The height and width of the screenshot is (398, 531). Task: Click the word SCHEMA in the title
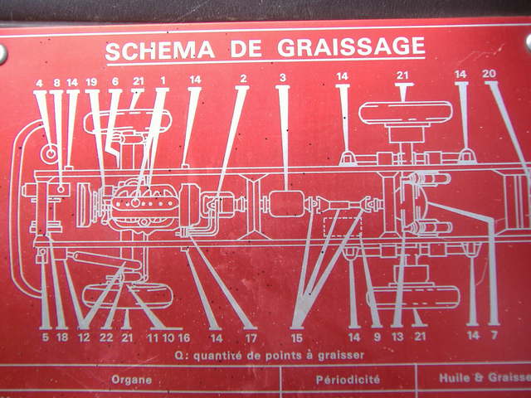(160, 51)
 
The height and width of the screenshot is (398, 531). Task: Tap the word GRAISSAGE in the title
(351, 46)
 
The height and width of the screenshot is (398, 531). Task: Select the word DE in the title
(246, 49)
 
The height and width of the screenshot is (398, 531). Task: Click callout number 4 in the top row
(40, 83)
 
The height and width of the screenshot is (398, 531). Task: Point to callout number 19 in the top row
(91, 82)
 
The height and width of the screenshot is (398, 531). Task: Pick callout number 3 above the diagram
(283, 78)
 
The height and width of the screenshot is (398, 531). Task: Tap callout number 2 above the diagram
(243, 79)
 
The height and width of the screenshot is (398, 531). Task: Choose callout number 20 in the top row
(489, 74)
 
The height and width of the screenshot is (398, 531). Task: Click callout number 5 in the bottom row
(46, 337)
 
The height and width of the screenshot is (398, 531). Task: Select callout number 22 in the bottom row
(106, 337)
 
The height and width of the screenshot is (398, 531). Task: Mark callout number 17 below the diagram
(251, 338)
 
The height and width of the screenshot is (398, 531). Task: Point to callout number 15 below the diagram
(297, 338)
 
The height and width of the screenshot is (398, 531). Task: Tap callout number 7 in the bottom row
(494, 335)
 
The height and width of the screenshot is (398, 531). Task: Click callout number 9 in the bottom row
(377, 337)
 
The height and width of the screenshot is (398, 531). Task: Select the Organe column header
(131, 380)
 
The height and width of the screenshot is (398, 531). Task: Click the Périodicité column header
(348, 380)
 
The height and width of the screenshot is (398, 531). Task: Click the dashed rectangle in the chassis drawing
(343, 226)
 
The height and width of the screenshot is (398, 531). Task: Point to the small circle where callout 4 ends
(51, 153)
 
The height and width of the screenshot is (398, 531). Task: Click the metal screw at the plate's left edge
(2, 54)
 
